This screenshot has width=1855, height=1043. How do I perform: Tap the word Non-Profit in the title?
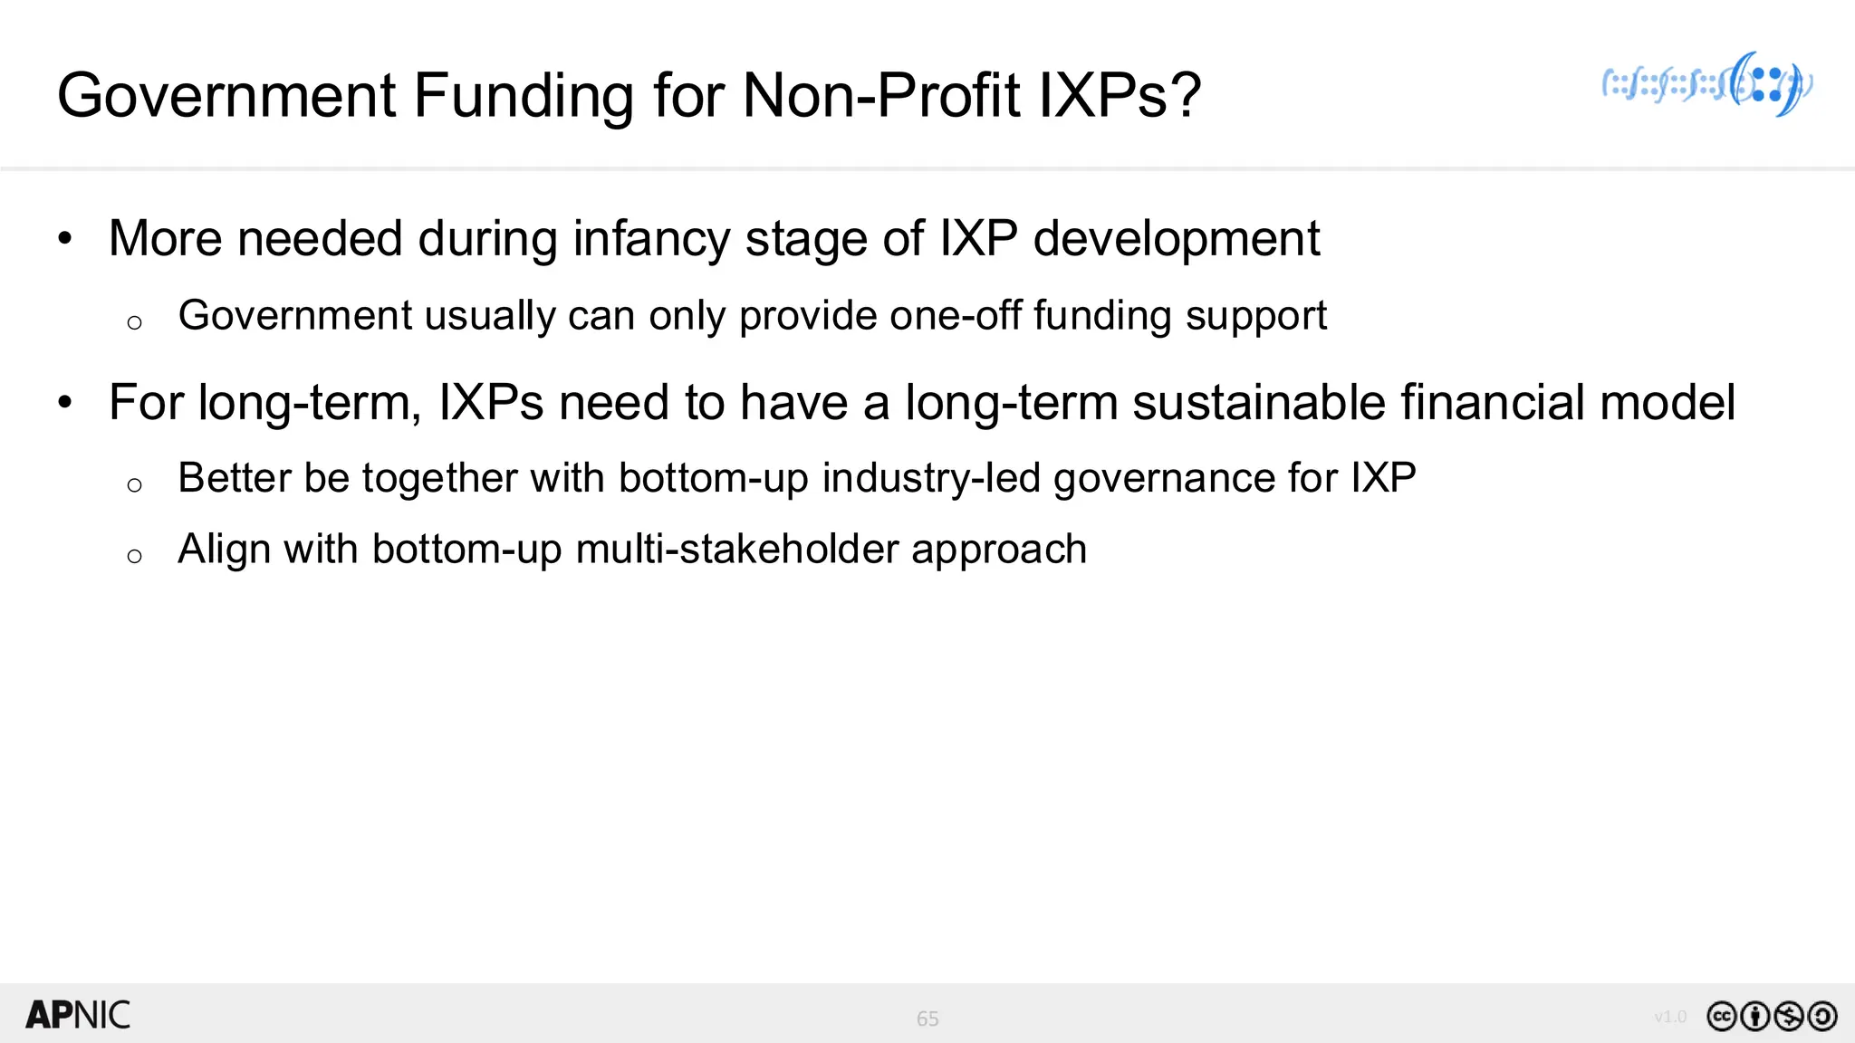pos(880,95)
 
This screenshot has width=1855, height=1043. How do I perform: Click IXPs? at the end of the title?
pos(1120,95)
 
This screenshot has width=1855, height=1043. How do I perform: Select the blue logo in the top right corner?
pos(1707,84)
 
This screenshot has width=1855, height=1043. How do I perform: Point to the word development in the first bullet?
pos(1176,239)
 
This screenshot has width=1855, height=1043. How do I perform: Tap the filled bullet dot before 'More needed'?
pos(64,239)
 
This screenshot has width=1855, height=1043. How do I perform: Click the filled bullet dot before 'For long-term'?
pos(64,402)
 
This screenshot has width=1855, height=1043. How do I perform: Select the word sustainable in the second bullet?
pos(1259,402)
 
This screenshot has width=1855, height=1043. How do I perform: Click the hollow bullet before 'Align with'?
pos(135,556)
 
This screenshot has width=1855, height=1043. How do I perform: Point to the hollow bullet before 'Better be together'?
pos(135,485)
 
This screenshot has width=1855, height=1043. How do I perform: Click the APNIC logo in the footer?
pos(78,1015)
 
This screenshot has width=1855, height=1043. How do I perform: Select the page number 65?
pos(927,1019)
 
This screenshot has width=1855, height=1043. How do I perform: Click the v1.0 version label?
pos(1670,1017)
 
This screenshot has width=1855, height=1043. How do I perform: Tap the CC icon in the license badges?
pos(1721,1017)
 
